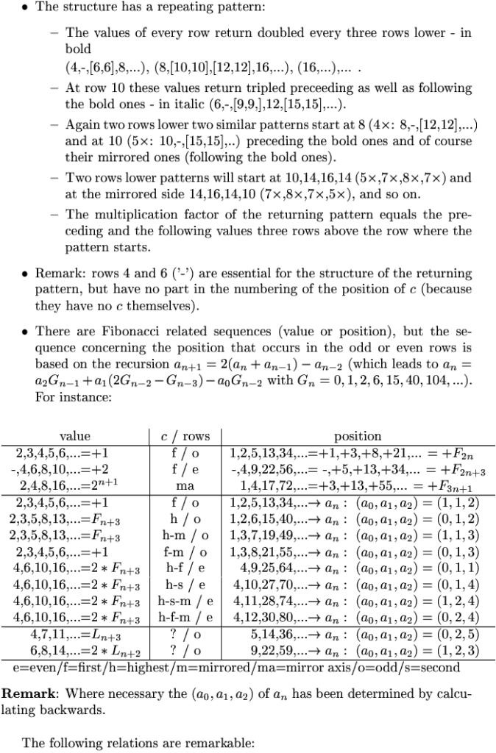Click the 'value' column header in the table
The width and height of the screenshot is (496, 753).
click(x=74, y=436)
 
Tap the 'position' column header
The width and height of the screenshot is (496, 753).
click(x=358, y=436)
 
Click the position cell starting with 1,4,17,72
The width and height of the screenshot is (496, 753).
click(x=358, y=486)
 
